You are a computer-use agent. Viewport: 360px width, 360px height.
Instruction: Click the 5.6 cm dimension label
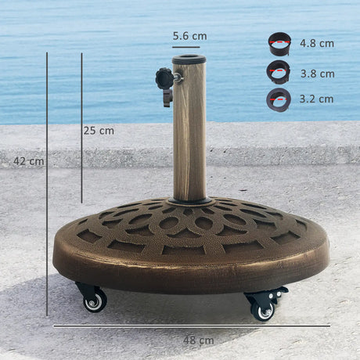click(x=189, y=36)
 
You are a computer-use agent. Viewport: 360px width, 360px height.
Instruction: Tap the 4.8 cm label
click(x=316, y=43)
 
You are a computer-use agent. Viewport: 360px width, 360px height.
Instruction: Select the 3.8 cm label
click(x=316, y=74)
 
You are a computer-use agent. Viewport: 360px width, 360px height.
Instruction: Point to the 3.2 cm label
click(x=316, y=99)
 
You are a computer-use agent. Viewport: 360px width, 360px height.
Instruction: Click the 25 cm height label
click(x=99, y=131)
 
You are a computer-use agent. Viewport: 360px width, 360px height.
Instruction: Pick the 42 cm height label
click(x=28, y=161)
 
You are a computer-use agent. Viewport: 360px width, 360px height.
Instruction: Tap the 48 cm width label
click(x=196, y=340)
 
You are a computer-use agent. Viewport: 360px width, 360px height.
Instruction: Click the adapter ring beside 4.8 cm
click(x=279, y=43)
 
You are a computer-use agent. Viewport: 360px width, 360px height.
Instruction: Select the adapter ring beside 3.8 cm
click(x=278, y=72)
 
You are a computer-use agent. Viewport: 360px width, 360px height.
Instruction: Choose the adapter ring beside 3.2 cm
click(x=278, y=99)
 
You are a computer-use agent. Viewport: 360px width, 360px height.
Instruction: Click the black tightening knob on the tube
click(x=165, y=78)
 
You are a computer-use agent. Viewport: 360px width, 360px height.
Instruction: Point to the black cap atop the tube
click(x=189, y=59)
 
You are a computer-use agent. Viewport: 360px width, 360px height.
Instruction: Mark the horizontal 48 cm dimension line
click(x=192, y=326)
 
